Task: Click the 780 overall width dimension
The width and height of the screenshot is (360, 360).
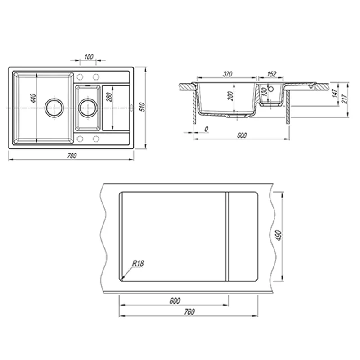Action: [72, 156]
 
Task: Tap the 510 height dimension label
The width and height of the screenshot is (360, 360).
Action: [143, 107]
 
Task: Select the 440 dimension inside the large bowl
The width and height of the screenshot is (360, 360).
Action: [33, 98]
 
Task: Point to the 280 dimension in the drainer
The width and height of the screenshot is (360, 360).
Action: [109, 97]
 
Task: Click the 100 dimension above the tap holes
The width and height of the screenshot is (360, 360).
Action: [89, 57]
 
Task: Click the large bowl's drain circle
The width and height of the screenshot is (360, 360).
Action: [54, 108]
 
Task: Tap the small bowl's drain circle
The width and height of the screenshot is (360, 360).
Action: [88, 108]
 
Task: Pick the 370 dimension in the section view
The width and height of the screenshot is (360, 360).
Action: [228, 74]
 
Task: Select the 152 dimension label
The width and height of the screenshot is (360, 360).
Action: [272, 74]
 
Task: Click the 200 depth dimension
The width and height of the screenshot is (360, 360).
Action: [230, 96]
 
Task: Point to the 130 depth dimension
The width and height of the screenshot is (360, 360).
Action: [265, 92]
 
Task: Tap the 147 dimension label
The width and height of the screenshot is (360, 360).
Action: [335, 93]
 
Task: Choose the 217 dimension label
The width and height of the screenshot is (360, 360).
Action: [345, 99]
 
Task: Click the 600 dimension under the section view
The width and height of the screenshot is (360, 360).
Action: [242, 135]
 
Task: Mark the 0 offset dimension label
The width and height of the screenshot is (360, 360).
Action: [206, 129]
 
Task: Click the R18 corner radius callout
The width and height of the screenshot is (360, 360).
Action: [138, 264]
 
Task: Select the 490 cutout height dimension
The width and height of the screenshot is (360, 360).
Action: [279, 235]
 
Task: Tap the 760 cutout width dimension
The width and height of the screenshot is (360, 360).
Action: [189, 312]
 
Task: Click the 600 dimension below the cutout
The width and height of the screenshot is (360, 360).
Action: [175, 301]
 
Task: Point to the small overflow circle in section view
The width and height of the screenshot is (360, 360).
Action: [271, 89]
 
